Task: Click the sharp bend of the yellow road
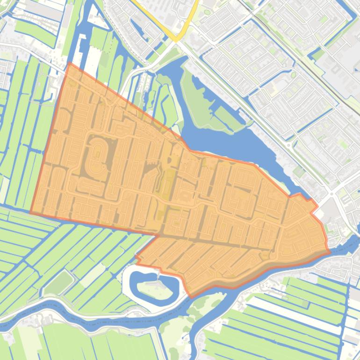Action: tap(176, 39)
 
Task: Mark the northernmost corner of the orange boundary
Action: tap(70, 64)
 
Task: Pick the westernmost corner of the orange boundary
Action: tap(31, 213)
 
